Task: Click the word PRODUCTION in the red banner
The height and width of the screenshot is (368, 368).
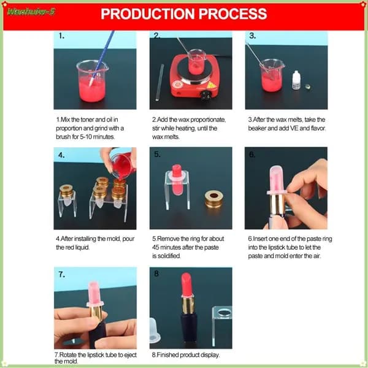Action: click(x=148, y=13)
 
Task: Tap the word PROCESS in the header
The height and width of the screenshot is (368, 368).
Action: click(x=233, y=13)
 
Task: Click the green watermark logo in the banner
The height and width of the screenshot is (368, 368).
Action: click(x=31, y=12)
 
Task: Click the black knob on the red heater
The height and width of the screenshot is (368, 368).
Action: click(x=206, y=95)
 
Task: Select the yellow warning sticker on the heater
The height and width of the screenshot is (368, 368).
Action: click(x=212, y=85)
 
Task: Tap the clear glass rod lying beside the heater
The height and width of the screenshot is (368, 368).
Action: click(x=159, y=82)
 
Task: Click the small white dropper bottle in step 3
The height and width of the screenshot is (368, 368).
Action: click(x=296, y=80)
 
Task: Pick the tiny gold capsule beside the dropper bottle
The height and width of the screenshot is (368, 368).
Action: click(x=308, y=87)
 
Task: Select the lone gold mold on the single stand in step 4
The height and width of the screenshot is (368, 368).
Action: click(x=66, y=191)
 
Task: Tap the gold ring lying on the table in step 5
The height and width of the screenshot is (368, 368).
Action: click(x=214, y=199)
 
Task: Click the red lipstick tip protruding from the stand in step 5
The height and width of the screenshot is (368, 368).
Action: click(x=177, y=171)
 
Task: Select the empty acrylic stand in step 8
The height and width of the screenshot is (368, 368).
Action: click(x=222, y=324)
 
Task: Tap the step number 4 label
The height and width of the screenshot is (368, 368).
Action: click(x=61, y=155)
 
